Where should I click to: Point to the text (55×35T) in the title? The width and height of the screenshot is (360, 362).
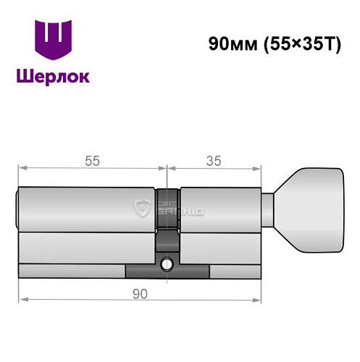click(x=296, y=42)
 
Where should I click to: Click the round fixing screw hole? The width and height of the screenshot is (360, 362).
click(x=167, y=264)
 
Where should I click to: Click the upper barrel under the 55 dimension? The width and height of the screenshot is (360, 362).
click(x=87, y=210)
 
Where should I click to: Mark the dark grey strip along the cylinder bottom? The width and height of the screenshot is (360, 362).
click(x=167, y=272)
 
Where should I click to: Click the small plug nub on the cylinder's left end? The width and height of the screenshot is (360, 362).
click(x=17, y=210)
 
